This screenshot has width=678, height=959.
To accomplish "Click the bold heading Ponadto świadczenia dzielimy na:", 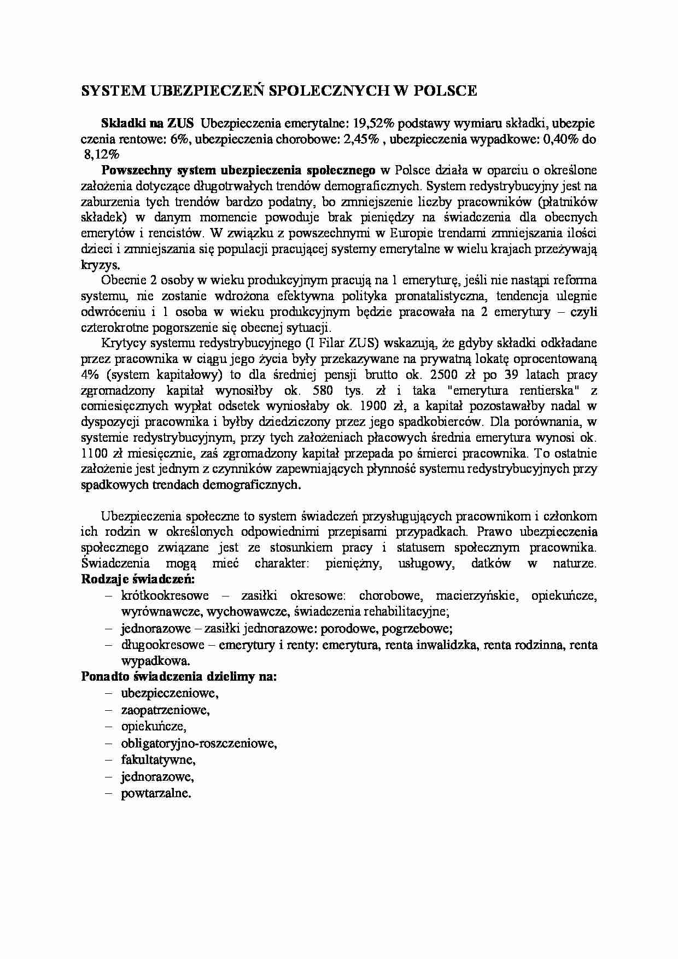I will pos(179,676).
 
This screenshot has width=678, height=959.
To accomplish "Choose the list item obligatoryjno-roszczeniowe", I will pos(198,743).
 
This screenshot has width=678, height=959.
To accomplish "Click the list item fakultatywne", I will pos(158,759).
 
